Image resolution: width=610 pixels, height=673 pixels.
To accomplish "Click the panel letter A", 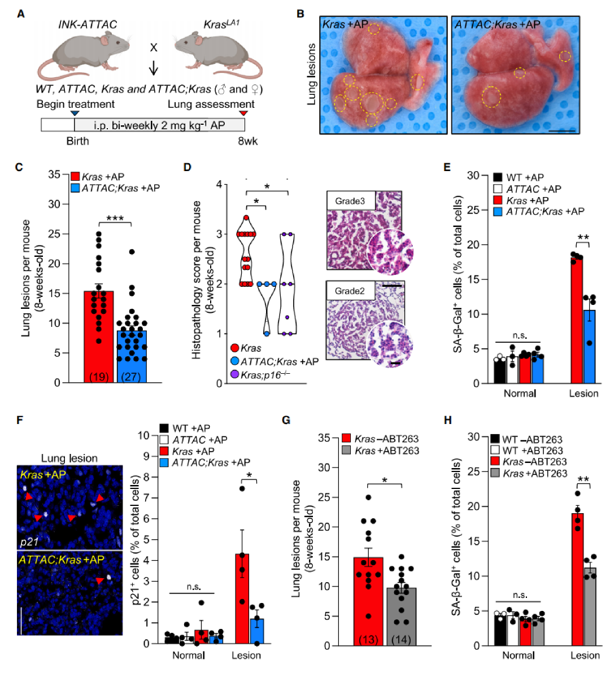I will [21, 13].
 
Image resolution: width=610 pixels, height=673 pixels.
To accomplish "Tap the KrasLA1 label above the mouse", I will [221, 24].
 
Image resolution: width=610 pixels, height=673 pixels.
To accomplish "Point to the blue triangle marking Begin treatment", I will [75, 113].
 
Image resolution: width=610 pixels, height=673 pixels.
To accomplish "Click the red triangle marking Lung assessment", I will [243, 113].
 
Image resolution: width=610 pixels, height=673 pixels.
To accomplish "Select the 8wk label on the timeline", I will [247, 141].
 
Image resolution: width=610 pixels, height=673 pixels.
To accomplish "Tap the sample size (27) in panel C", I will [131, 377].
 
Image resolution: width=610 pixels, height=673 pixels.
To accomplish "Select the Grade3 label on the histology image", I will [350, 201].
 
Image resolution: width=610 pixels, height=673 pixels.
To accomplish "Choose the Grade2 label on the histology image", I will [350, 291].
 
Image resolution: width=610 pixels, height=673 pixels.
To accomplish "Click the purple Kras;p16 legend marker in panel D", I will [234, 374].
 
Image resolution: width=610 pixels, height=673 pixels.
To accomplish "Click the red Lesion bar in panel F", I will [242, 598].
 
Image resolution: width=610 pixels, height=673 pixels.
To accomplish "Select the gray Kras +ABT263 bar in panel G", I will [402, 615].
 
